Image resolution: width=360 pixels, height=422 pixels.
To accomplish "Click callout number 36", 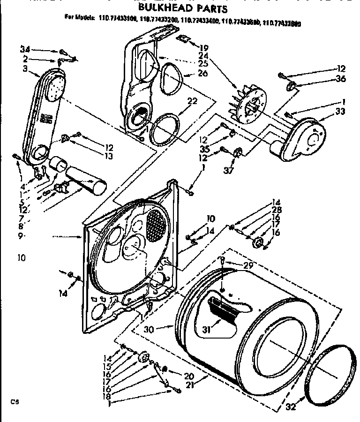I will [341, 79].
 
